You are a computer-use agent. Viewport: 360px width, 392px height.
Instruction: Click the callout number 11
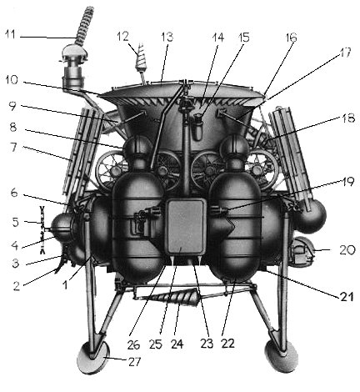11,35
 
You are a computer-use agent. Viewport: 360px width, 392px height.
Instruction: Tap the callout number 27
134,362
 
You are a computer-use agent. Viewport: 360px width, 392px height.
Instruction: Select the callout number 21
347,296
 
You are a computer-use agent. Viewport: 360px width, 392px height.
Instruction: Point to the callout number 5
15,223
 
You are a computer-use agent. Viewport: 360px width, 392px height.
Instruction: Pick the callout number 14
217,38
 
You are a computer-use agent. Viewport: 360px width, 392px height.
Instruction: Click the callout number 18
347,118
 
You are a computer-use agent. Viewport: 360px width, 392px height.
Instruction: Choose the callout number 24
177,344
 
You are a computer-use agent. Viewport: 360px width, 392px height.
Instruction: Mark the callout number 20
347,250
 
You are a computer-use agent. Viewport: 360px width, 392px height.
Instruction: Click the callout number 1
65,285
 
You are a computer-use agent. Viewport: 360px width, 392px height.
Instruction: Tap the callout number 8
13,128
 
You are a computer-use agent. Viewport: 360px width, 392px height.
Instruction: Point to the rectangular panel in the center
186,226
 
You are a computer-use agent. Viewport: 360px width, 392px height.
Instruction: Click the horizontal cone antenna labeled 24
170,298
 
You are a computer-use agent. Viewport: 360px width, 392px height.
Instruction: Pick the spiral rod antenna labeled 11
85,27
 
